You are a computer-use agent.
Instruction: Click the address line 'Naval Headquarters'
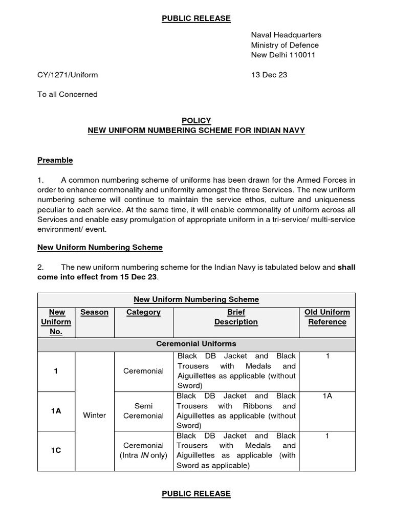pos(286,35)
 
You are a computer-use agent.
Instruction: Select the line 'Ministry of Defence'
pos(284,45)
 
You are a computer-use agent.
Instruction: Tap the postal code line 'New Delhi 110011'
pos(282,55)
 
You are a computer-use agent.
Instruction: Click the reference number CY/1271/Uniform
pos(68,75)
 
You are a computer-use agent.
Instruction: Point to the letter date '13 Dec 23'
pos(269,75)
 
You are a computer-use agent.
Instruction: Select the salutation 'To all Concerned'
pos(67,94)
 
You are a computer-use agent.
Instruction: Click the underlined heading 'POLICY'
pos(196,120)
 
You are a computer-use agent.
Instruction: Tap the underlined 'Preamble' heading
pos(55,160)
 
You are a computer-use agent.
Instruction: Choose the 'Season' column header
pos(94,312)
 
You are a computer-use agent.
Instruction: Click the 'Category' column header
pos(143,312)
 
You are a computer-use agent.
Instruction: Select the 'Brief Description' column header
pos(236,317)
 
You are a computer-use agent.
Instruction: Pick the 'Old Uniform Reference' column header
pos(327,317)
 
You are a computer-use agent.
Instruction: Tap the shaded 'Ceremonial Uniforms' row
pos(196,344)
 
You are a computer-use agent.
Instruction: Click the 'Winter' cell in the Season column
pos(94,415)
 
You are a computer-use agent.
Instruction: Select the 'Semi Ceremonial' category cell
pos(143,410)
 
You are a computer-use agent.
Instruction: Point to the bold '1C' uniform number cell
pos(56,451)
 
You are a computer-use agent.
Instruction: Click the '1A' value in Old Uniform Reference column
pos(327,396)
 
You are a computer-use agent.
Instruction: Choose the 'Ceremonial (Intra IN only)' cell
pos(143,450)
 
